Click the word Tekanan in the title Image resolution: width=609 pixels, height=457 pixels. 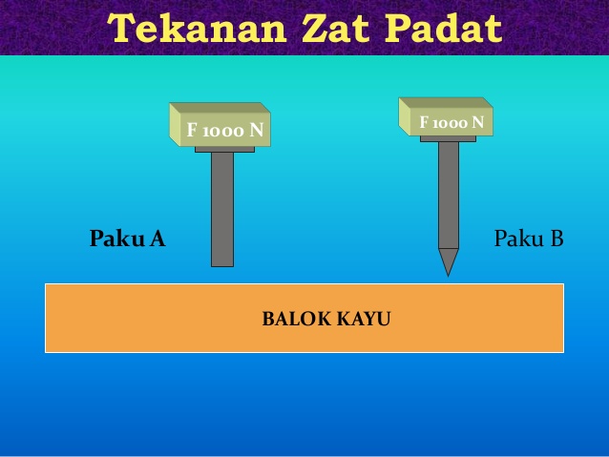[198, 29]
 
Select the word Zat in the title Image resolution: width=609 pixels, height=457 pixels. [336, 29]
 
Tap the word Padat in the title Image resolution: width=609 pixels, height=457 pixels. [444, 29]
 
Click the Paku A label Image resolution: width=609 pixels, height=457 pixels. [127, 238]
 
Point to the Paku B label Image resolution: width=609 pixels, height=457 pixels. [529, 238]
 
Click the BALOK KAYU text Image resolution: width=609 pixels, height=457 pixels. [326, 319]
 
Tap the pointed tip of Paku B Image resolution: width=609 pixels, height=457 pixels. [449, 276]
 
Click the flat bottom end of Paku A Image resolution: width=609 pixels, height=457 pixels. [222, 266]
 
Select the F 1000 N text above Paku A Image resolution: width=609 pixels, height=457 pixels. [225, 130]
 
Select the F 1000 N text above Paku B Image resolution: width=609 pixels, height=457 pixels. [451, 123]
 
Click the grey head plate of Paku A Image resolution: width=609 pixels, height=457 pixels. [224, 150]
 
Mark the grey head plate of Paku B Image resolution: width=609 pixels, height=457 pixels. [448, 139]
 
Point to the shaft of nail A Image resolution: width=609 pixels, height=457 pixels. [222, 210]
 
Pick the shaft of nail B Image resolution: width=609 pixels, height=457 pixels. [449, 196]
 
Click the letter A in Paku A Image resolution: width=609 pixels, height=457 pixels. [157, 239]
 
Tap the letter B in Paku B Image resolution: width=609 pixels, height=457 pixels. [556, 239]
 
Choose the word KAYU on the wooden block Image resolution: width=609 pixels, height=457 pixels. [364, 319]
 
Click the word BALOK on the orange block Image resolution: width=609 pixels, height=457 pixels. [296, 319]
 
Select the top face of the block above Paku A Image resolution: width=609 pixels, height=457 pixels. [220, 108]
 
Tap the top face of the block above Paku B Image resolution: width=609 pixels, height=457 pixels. [446, 102]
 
